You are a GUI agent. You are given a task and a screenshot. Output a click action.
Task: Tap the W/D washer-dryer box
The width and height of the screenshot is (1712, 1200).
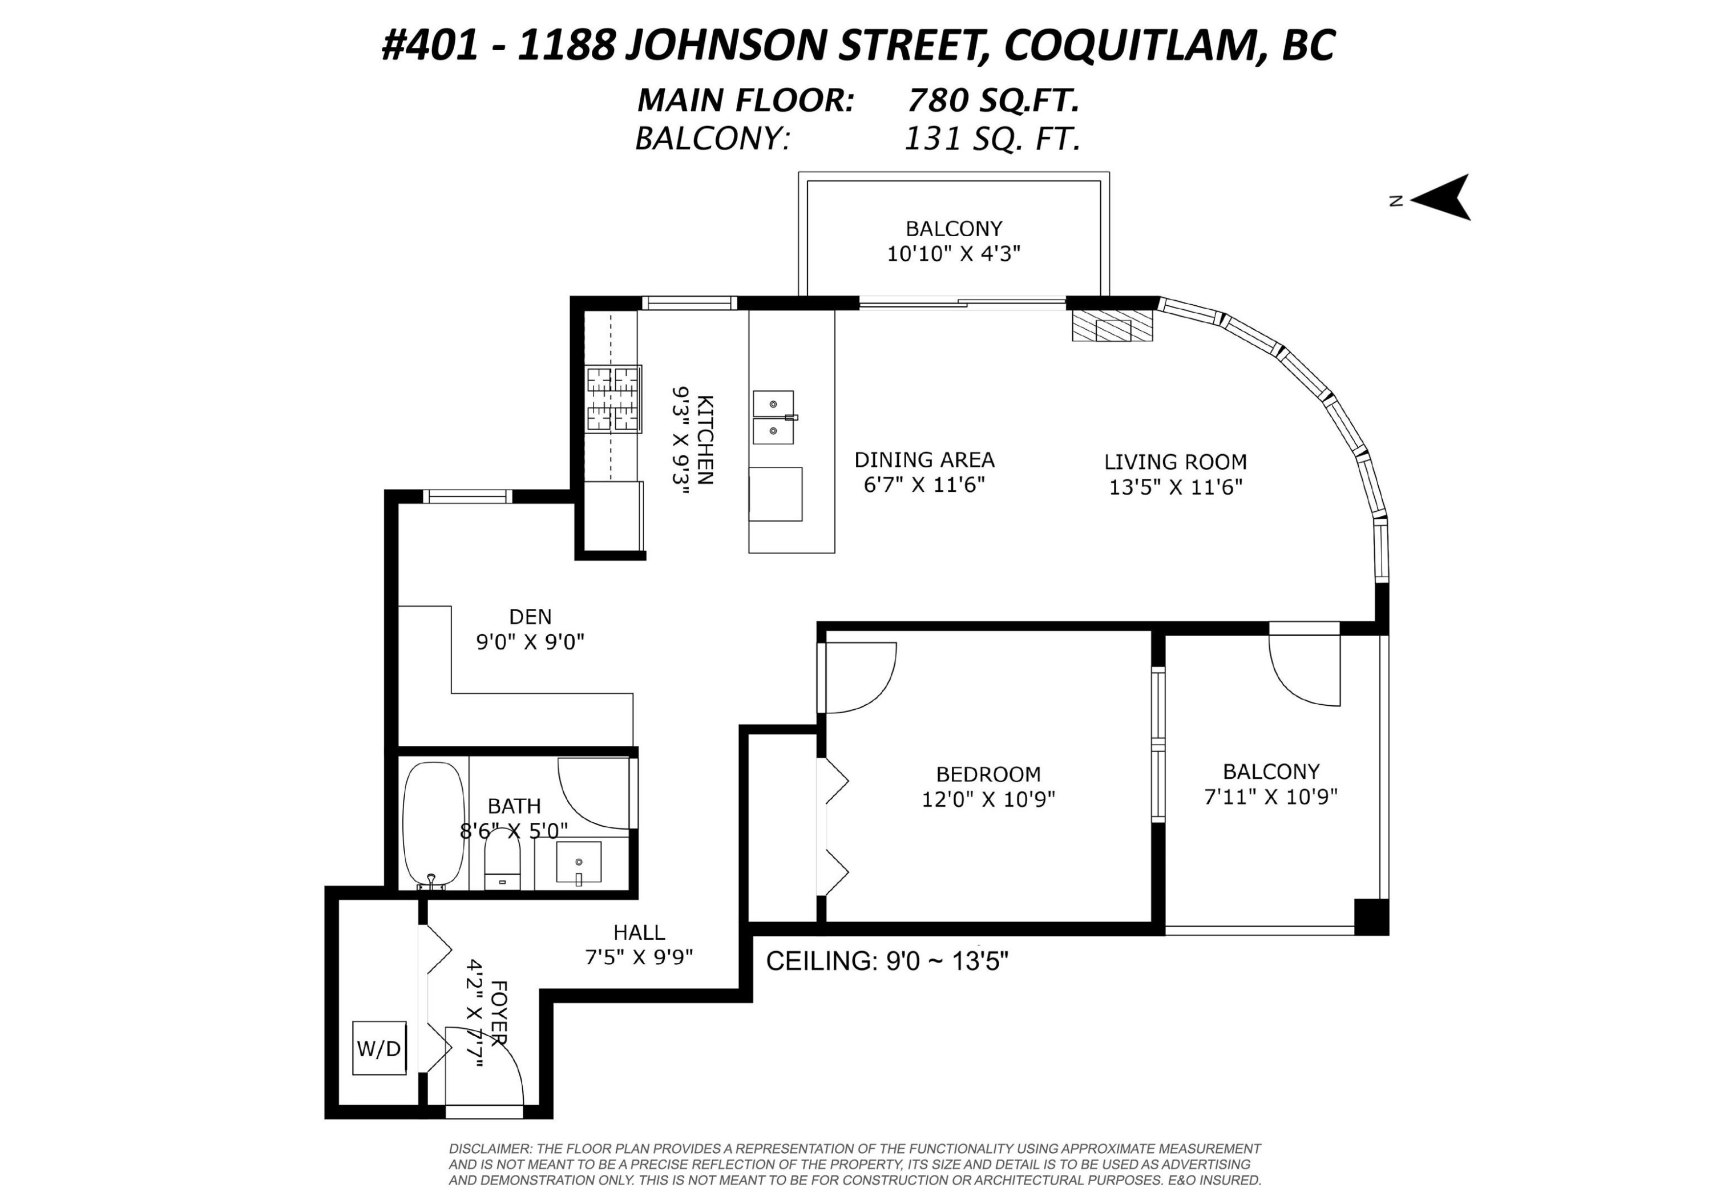379,1048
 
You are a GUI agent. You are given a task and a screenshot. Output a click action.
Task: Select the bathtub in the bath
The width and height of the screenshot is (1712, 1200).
433,825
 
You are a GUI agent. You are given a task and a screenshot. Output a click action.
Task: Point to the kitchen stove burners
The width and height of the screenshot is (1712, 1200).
613,398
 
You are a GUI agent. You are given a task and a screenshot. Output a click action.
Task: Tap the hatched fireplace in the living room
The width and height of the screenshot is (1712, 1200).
1112,326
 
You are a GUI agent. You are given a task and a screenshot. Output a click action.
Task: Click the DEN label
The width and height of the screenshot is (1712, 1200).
530,617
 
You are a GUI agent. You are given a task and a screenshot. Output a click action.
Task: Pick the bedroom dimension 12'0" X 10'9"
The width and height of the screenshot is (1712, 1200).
988,799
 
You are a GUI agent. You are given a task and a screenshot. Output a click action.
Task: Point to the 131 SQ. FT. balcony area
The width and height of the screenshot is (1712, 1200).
992,139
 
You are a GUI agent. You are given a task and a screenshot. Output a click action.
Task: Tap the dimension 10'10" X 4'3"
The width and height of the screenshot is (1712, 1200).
953,253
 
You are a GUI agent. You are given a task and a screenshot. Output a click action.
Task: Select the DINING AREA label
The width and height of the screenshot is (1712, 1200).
924,459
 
